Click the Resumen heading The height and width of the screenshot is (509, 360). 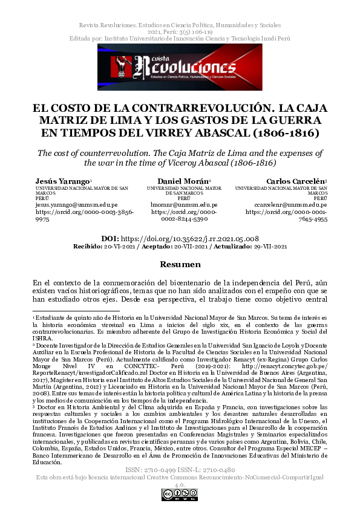point(180,265)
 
